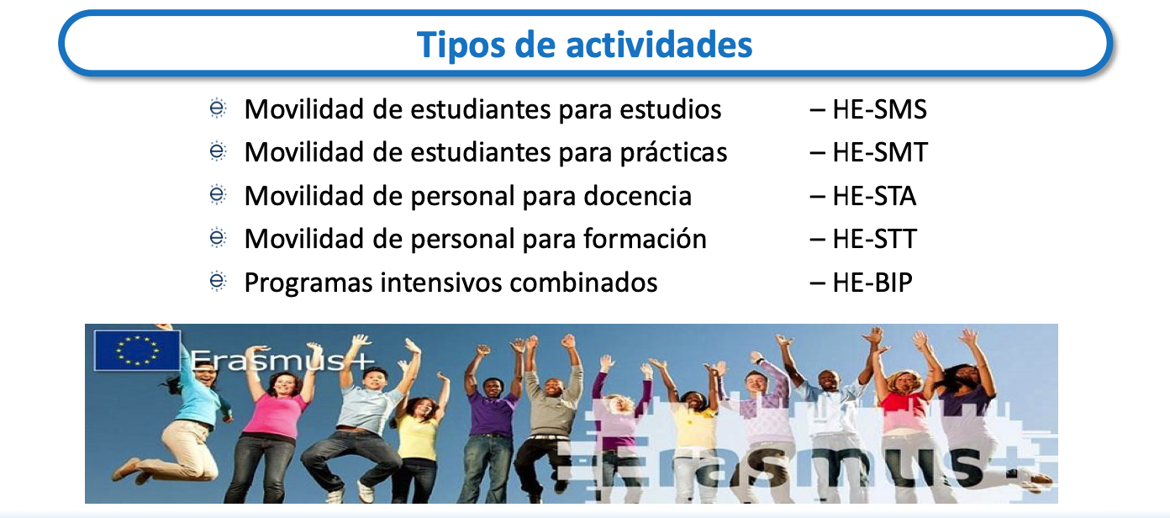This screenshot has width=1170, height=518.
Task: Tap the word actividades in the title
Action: (x=659, y=44)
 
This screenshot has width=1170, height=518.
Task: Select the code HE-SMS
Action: (x=879, y=110)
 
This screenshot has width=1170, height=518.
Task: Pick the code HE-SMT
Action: (x=880, y=153)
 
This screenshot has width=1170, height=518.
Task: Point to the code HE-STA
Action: (x=874, y=196)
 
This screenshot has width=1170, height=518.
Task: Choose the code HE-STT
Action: (x=874, y=240)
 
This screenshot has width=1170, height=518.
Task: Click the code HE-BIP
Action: (x=872, y=283)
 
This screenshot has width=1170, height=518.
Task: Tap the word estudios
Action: (x=671, y=110)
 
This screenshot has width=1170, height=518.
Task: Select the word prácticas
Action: (x=674, y=154)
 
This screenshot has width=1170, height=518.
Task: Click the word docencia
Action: (x=638, y=196)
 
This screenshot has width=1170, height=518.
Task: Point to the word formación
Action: (x=645, y=239)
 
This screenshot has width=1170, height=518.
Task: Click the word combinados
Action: (x=583, y=283)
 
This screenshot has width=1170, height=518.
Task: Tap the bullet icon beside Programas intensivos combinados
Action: (x=218, y=281)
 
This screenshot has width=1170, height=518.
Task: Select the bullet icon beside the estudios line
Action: (x=218, y=108)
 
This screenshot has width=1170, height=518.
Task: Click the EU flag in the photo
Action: (x=137, y=350)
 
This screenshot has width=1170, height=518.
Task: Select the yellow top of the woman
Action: (x=417, y=437)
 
